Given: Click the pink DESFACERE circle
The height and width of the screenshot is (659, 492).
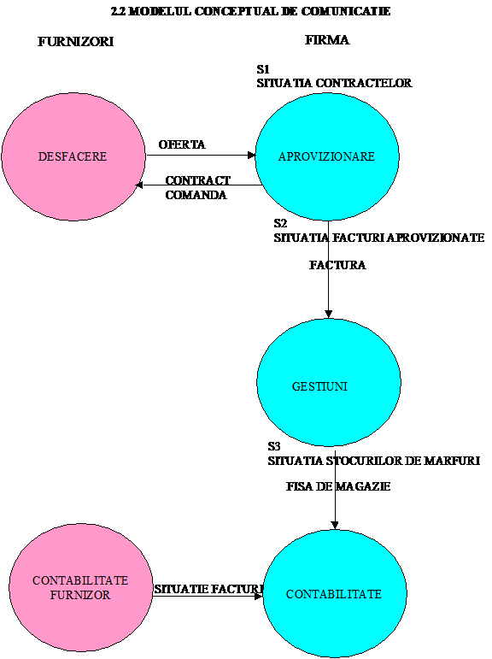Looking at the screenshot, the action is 73,156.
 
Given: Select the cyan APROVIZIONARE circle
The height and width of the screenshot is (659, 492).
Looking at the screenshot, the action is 327,156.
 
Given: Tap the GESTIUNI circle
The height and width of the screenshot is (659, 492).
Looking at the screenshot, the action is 329,382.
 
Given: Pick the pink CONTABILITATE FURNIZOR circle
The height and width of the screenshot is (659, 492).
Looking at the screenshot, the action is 80,587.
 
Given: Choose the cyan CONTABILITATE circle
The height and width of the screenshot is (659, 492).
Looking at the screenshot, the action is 335,593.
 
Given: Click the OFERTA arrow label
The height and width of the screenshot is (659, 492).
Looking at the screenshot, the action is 182,144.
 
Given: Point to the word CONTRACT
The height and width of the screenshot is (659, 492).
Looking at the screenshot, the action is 198,180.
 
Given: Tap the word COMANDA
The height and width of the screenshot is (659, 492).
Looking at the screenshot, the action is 196,195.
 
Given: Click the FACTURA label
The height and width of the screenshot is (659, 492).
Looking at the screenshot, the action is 337,265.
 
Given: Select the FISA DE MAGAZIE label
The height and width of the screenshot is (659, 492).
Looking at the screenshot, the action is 338,486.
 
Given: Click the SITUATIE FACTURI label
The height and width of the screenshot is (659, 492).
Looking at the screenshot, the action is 208,589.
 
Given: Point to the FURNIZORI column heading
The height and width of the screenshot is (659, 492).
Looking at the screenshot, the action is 76,41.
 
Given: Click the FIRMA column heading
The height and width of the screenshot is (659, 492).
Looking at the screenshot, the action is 327,40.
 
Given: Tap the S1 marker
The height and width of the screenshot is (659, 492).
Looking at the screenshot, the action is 263,69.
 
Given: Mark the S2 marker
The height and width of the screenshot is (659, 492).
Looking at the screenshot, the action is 280,223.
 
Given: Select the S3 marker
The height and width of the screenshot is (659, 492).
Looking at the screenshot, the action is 274,446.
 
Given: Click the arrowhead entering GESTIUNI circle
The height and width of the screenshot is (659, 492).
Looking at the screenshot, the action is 329,315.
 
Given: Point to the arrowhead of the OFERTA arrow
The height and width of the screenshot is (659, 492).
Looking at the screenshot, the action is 252,155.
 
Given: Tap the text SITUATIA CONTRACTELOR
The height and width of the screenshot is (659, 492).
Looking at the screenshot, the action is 335,83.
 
